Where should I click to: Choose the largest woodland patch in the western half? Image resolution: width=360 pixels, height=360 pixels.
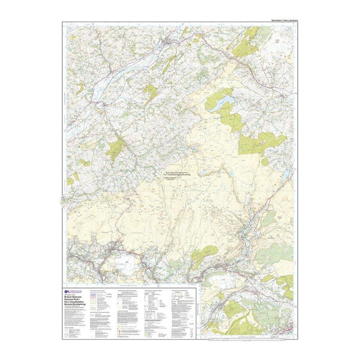click(115, 149)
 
